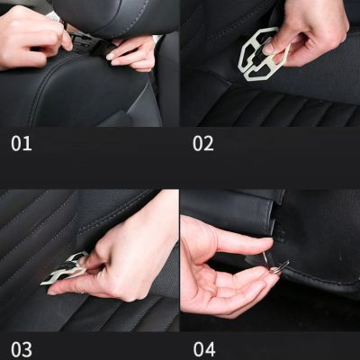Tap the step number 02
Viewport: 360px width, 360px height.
coord(203,143)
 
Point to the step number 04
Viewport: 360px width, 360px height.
coord(204,349)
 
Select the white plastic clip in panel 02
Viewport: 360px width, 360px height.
coord(256,56)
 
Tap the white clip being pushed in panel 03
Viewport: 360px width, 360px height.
coord(65,270)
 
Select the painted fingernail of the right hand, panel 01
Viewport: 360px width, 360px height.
coord(112,56)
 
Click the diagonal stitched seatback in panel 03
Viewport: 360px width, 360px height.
coord(36,225)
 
